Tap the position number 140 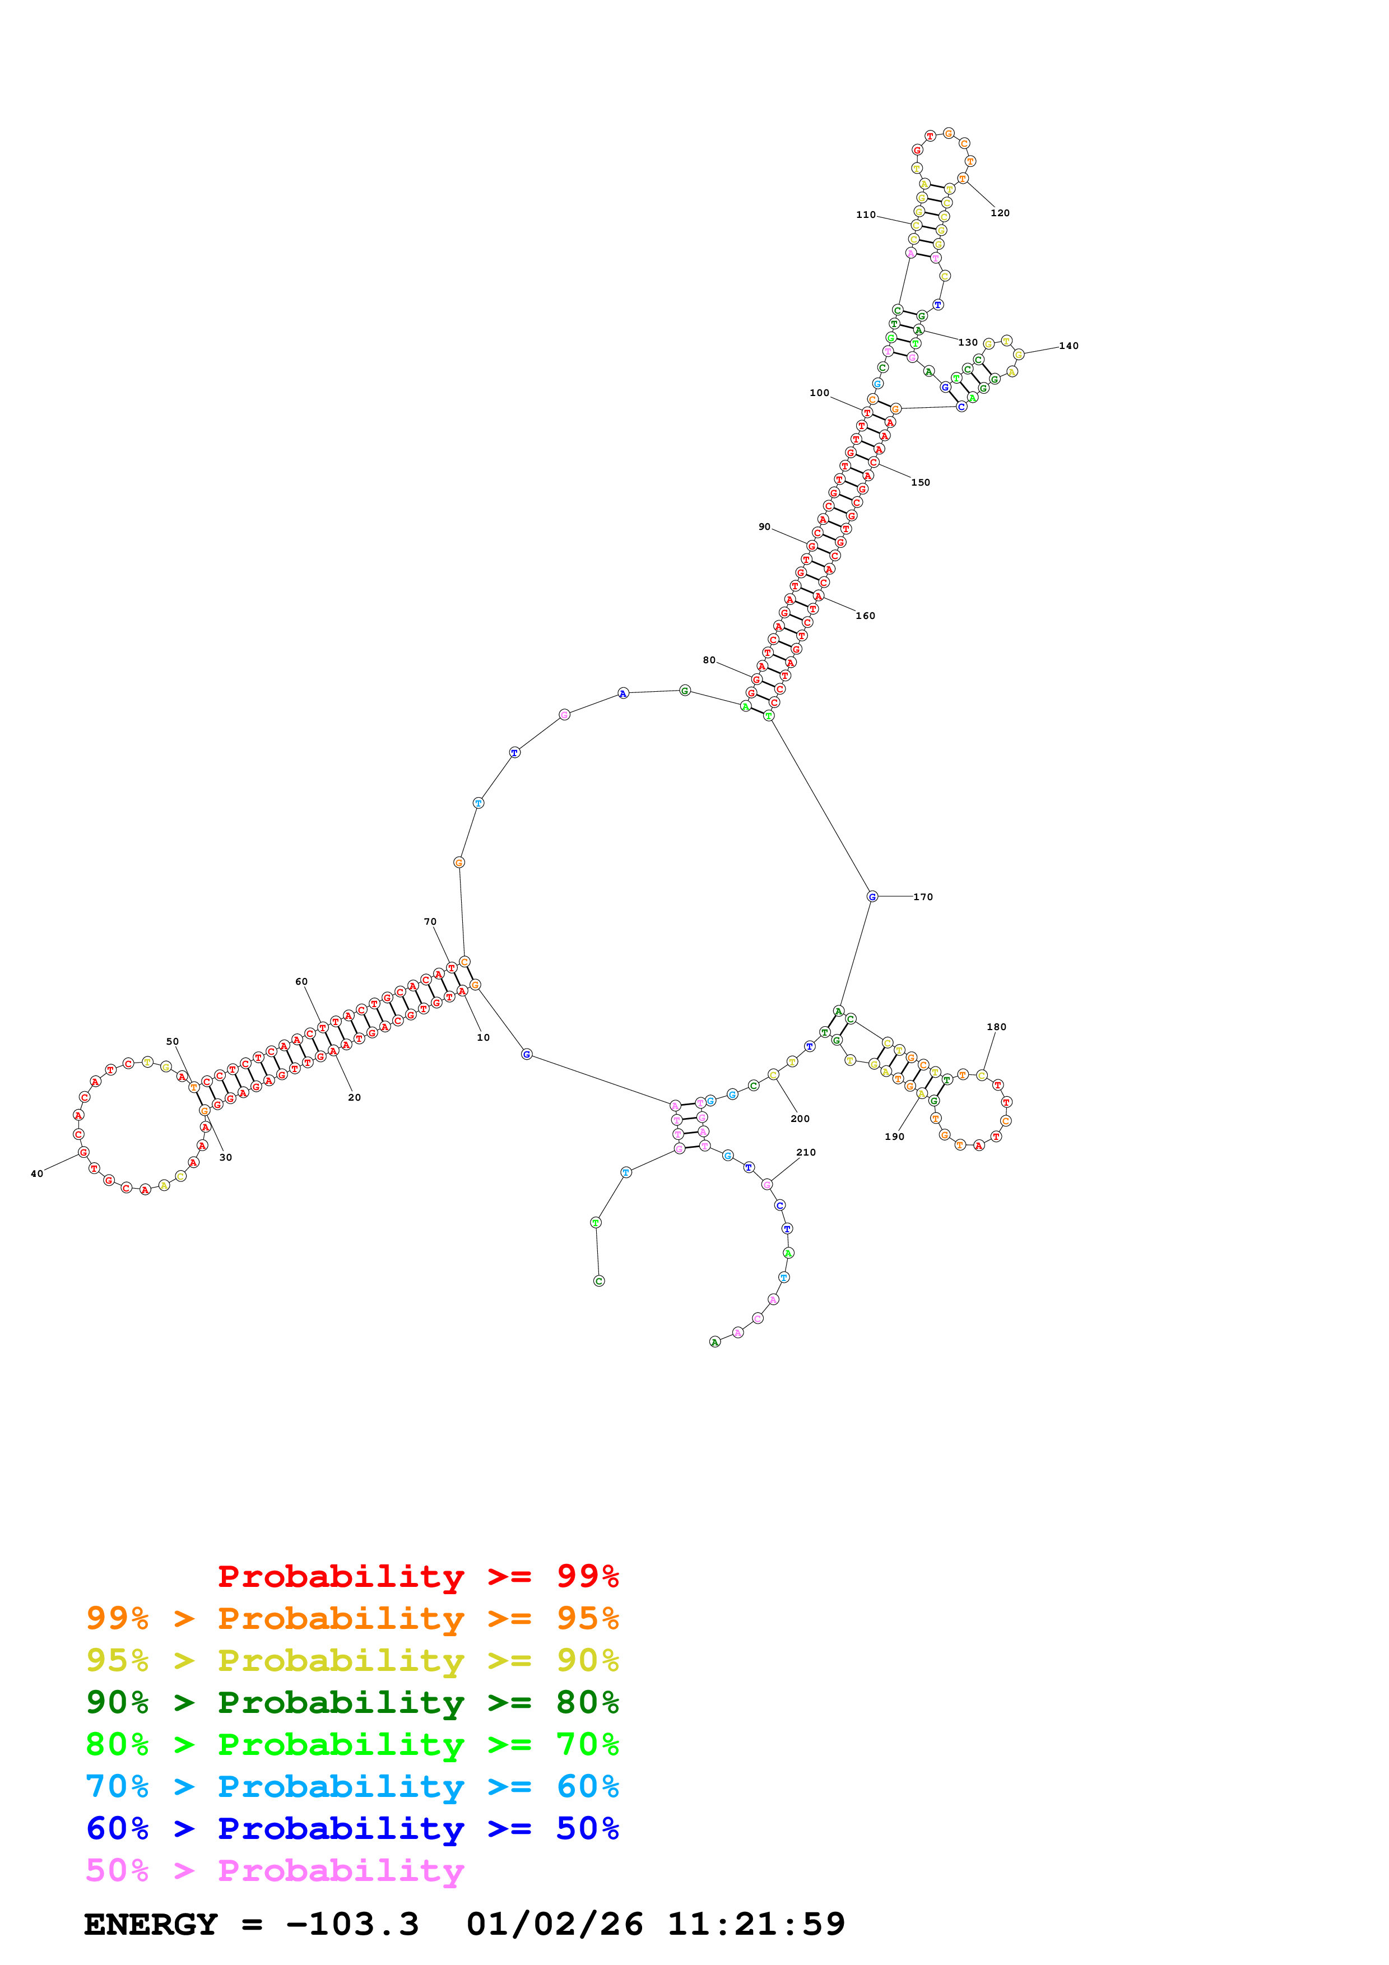tap(1069, 346)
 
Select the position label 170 tap(923, 897)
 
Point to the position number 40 tap(37, 1174)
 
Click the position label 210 tap(806, 1152)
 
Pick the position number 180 tap(996, 1027)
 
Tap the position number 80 tap(709, 660)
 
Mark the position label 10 tap(484, 1037)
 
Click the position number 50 tap(173, 1041)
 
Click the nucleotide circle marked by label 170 tap(872, 896)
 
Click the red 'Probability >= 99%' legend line tap(417, 1576)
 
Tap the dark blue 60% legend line tap(352, 1828)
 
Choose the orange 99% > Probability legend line tap(352, 1618)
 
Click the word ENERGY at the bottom tap(151, 1924)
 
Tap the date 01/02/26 tap(555, 1924)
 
